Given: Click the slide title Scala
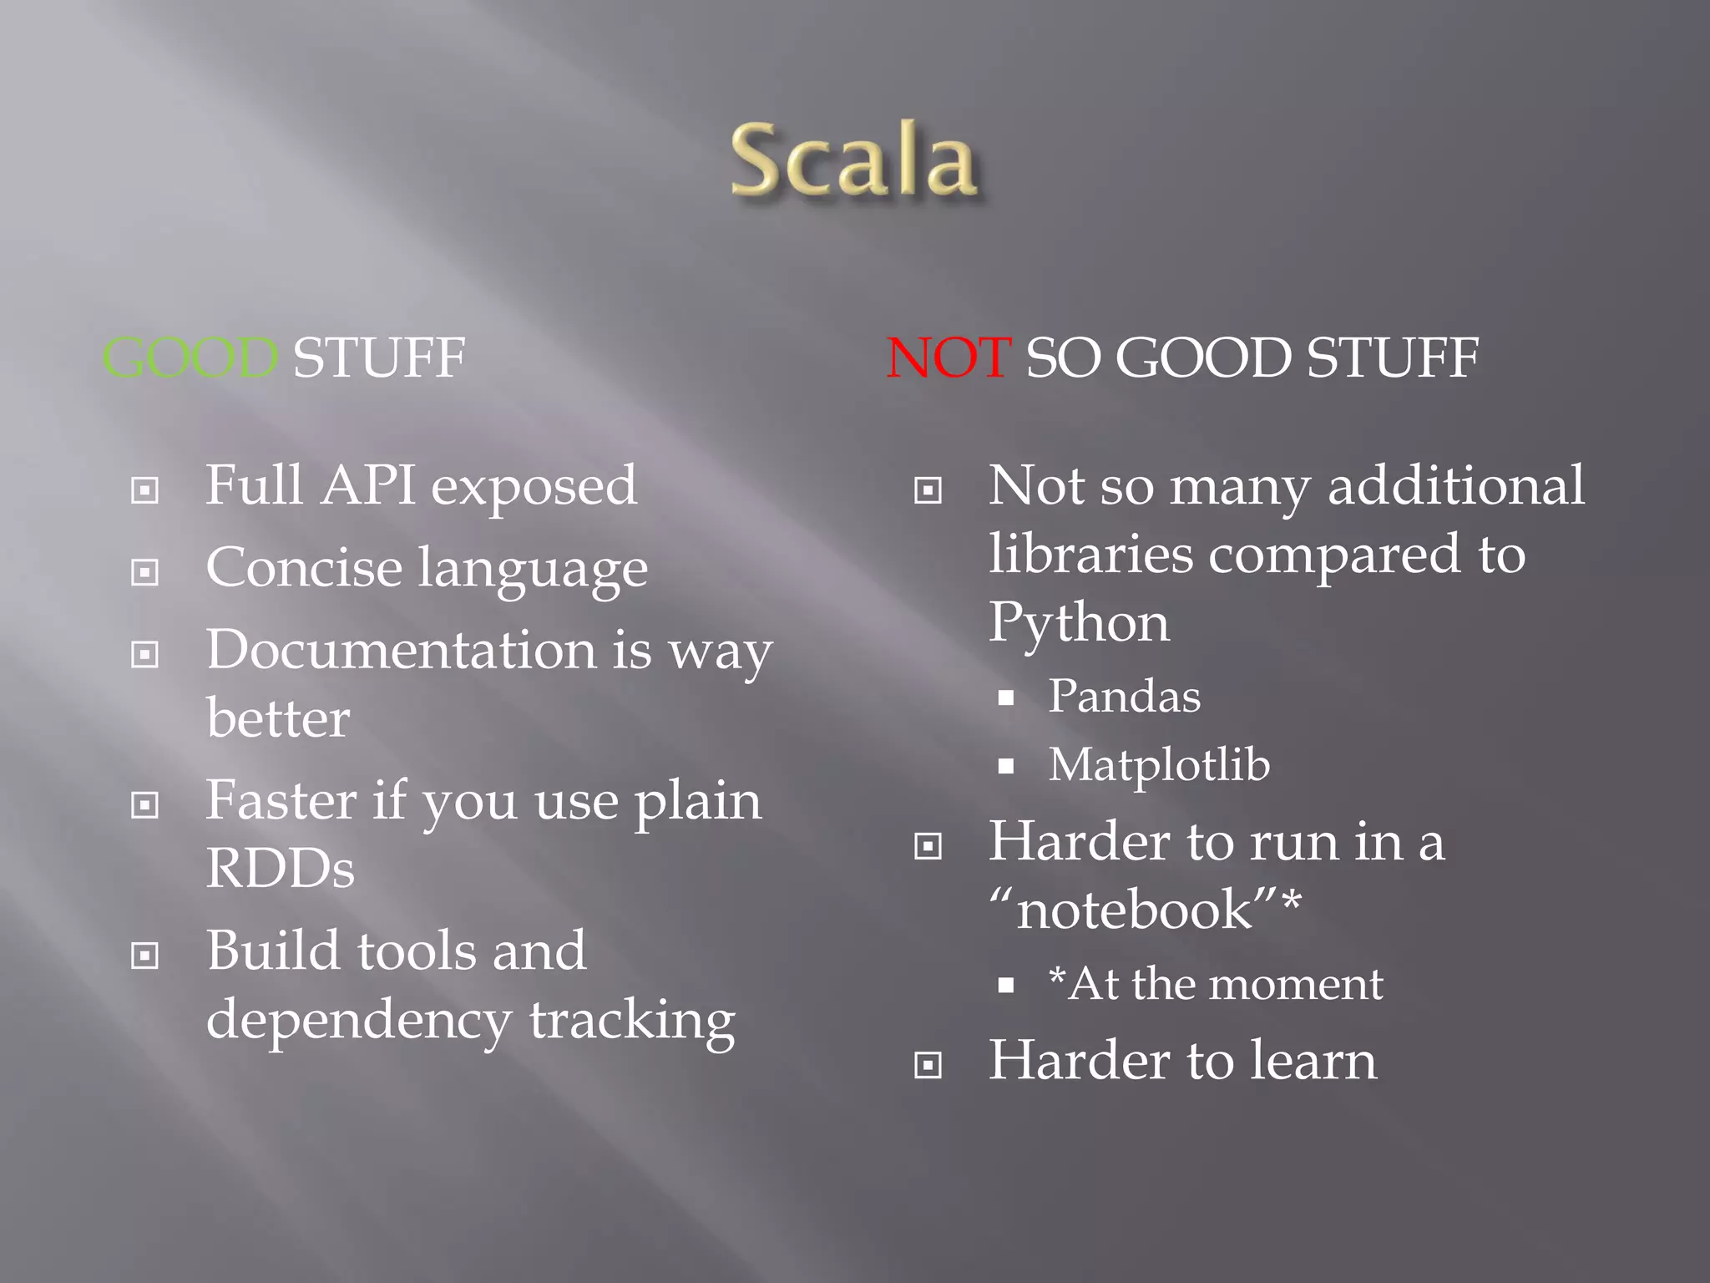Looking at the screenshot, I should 853,160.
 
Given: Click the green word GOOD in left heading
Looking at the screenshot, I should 190,358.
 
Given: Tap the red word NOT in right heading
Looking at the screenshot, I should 949,358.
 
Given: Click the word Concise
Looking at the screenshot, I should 305,568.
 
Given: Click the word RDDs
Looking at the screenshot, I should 280,869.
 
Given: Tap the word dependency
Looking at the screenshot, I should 359,1021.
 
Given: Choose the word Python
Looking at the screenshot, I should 1079,624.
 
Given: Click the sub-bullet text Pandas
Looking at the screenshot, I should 1124,697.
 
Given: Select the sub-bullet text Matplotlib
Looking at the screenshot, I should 1159,765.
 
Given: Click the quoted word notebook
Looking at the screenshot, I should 1136,910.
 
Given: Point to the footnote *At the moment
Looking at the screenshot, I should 1216,985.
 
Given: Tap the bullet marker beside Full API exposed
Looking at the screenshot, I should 145,490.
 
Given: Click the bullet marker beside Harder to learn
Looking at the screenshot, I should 928,1066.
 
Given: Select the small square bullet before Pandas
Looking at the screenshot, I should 1006,698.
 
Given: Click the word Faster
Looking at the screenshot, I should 281,801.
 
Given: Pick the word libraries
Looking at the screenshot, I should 1090,555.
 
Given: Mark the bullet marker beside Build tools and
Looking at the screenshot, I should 145,956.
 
